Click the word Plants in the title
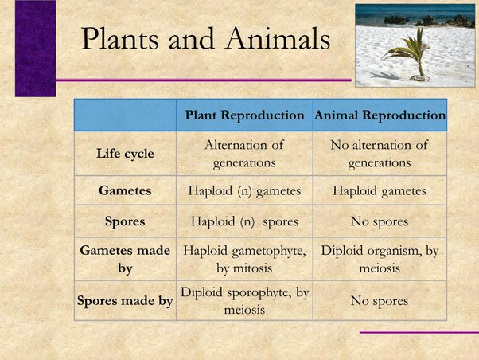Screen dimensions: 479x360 pyautogui.click(x=120, y=38)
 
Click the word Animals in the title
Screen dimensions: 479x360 pyautogui.click(x=278, y=38)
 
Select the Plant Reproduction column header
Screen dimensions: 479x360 pyautogui.click(x=245, y=115)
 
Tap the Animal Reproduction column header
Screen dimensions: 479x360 pyautogui.click(x=380, y=115)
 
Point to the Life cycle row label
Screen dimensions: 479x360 pyautogui.click(x=125, y=154)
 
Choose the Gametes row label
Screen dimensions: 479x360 pyautogui.click(x=125, y=190)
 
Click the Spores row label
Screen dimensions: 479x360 pyautogui.click(x=125, y=221)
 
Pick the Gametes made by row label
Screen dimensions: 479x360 pyautogui.click(x=125, y=260)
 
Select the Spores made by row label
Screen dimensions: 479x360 pyautogui.click(x=125, y=301)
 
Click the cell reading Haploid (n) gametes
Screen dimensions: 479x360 pyautogui.click(x=245, y=191)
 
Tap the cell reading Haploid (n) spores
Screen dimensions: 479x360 pyautogui.click(x=245, y=221)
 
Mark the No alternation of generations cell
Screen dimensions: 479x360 pyautogui.click(x=380, y=154)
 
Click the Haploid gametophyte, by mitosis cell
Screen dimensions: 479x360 pyautogui.click(x=245, y=260)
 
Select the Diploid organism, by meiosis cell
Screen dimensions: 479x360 pyautogui.click(x=380, y=260)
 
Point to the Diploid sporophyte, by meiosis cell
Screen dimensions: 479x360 pyautogui.click(x=245, y=301)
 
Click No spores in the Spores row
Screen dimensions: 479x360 pyautogui.click(x=380, y=221)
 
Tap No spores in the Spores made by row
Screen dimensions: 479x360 pyautogui.click(x=380, y=301)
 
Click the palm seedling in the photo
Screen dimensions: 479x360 pyautogui.click(x=409, y=55)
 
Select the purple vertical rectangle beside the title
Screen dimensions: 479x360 pyautogui.click(x=36, y=49)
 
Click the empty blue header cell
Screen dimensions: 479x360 pyautogui.click(x=125, y=115)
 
